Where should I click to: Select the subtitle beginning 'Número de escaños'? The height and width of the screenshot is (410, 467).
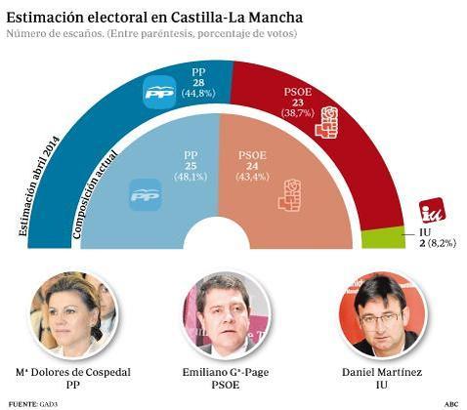(151, 35)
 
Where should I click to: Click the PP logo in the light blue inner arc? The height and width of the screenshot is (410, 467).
(144, 196)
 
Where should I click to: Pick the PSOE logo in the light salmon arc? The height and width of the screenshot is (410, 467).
(289, 195)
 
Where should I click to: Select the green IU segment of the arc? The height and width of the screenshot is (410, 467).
(382, 238)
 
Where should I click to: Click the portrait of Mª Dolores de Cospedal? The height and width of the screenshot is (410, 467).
(73, 313)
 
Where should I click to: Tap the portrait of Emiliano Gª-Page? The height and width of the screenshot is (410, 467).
(227, 313)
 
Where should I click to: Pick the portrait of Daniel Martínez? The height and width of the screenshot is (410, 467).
(379, 313)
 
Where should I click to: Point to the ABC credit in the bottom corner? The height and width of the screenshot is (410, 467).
(451, 403)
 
